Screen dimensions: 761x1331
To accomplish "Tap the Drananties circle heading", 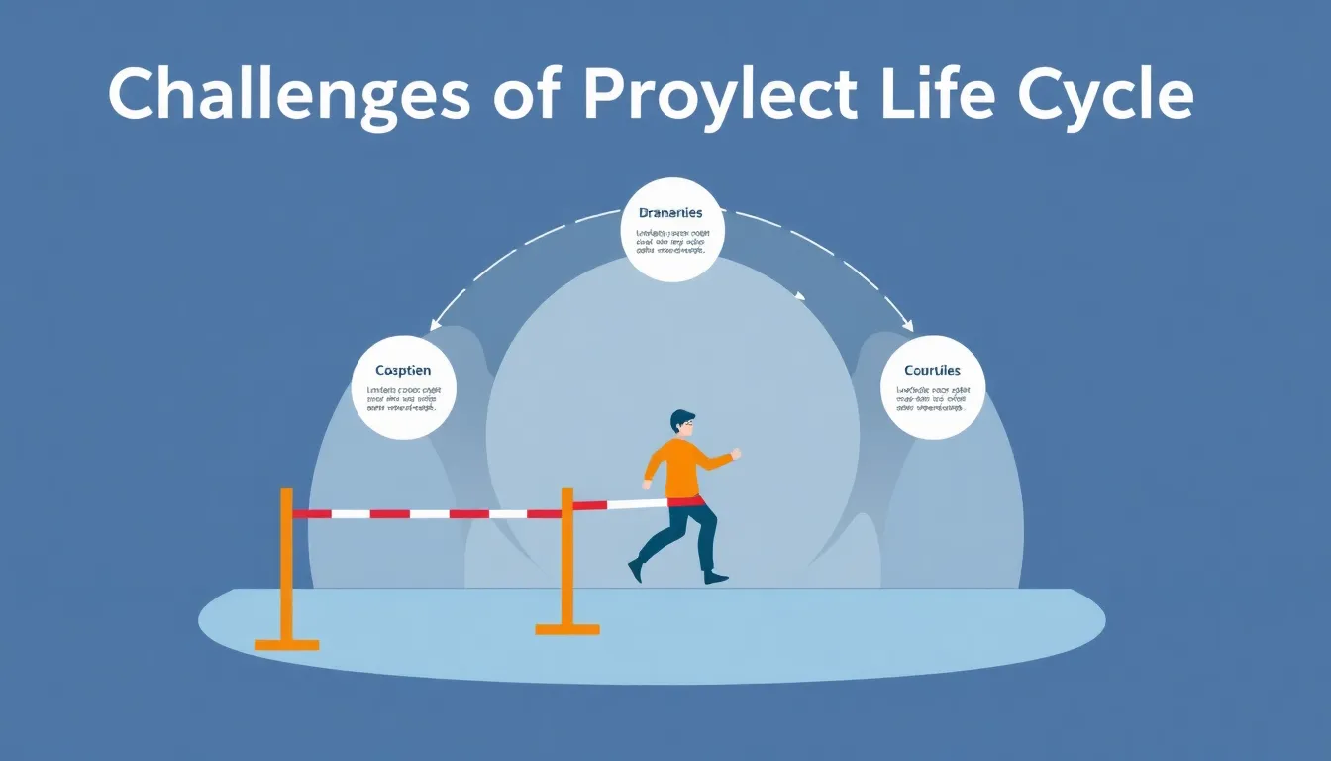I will click(672, 213).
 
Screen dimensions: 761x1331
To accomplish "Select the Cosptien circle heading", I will click(404, 371).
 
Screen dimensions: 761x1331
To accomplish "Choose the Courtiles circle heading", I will click(932, 371).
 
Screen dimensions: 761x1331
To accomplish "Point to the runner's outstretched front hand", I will click(735, 455).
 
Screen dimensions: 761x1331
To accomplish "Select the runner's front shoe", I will click(715, 577).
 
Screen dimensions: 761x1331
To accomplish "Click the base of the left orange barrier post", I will click(286, 645).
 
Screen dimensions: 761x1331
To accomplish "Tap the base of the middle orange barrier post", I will click(567, 628).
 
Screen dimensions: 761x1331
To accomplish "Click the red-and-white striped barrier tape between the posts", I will click(426, 514).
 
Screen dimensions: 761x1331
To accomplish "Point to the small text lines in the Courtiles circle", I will click(932, 399).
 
